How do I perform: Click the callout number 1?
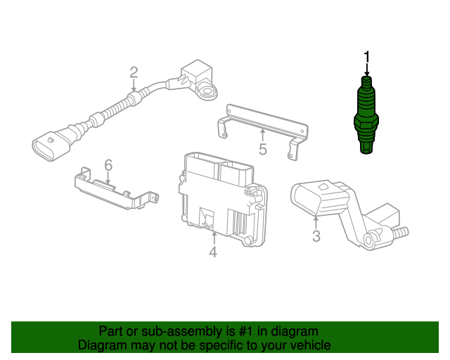click(x=367, y=57)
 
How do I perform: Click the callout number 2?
click(x=134, y=72)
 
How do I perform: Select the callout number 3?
click(x=316, y=236)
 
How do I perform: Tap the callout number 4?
click(x=213, y=252)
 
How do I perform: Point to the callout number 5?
click(x=262, y=150)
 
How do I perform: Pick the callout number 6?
click(x=108, y=165)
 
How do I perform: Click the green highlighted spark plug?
click(x=366, y=115)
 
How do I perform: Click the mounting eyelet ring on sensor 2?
click(x=207, y=92)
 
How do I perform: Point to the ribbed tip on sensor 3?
click(x=400, y=232)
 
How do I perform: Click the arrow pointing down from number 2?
click(x=134, y=86)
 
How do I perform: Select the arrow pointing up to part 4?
click(x=214, y=238)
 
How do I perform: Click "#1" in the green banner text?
click(x=246, y=332)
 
